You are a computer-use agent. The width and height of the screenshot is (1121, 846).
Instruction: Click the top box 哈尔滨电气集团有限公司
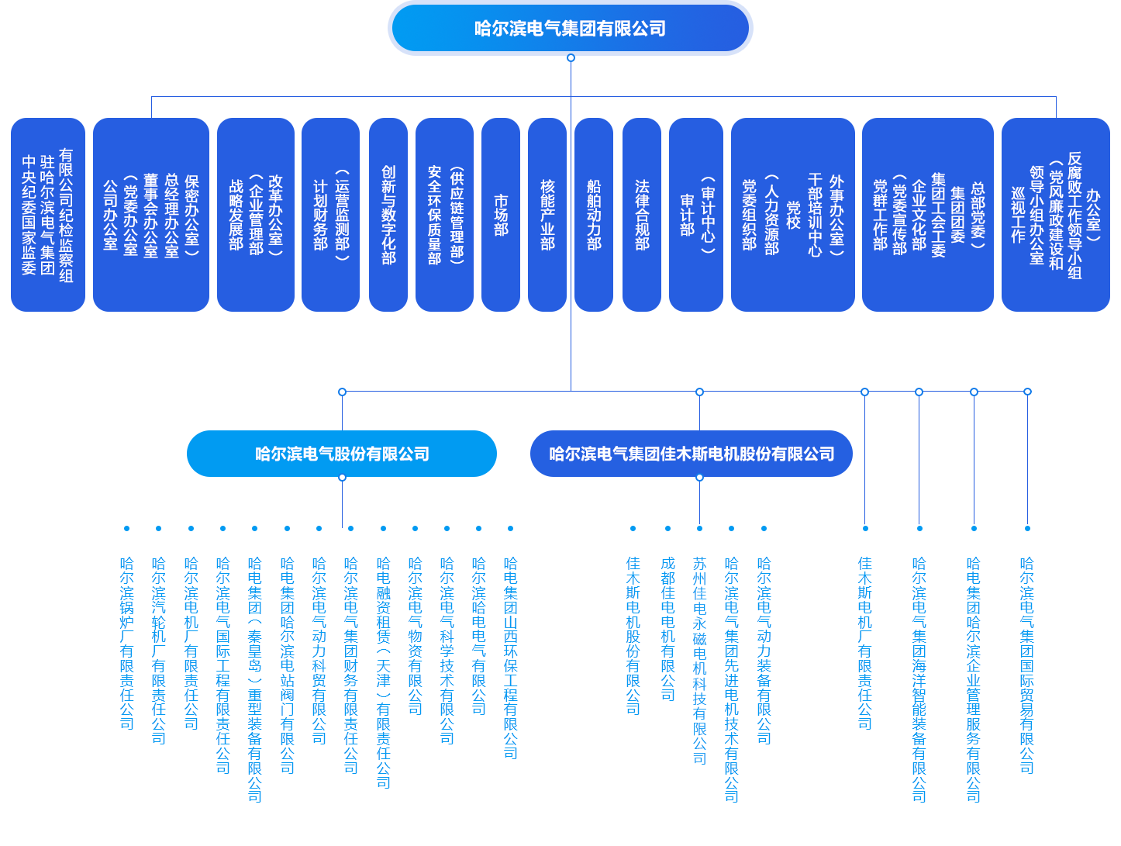point(570,29)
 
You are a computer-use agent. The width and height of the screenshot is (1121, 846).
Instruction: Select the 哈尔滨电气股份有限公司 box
point(342,454)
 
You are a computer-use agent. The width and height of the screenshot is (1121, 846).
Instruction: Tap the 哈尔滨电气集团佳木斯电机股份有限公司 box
point(691,454)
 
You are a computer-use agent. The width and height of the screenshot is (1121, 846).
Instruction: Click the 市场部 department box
point(501,215)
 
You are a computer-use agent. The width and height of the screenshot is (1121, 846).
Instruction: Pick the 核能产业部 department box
point(547,215)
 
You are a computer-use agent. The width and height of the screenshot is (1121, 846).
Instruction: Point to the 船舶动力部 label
point(594,215)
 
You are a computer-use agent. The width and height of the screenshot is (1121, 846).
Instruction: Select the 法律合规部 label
point(642,215)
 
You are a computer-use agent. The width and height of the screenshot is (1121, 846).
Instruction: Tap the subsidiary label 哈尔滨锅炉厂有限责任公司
point(127,643)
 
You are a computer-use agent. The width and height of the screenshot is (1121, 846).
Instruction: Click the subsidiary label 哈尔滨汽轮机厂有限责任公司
point(159,650)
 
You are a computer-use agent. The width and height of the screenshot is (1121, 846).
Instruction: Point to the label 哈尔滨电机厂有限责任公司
point(191,643)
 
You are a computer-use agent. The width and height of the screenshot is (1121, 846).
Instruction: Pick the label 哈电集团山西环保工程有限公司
point(510,658)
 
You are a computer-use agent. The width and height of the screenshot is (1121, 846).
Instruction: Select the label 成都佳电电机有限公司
point(668,628)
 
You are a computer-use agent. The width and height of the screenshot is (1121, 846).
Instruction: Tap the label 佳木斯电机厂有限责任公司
point(865,643)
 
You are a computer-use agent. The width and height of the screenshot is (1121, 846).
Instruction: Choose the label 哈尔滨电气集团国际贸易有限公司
point(1027,665)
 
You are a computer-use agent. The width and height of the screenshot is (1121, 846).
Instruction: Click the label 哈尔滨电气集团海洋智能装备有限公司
point(919,679)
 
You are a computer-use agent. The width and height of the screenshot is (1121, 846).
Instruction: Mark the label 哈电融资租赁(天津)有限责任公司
point(384,672)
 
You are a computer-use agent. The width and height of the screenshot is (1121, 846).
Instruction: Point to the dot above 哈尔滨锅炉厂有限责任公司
point(127,529)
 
